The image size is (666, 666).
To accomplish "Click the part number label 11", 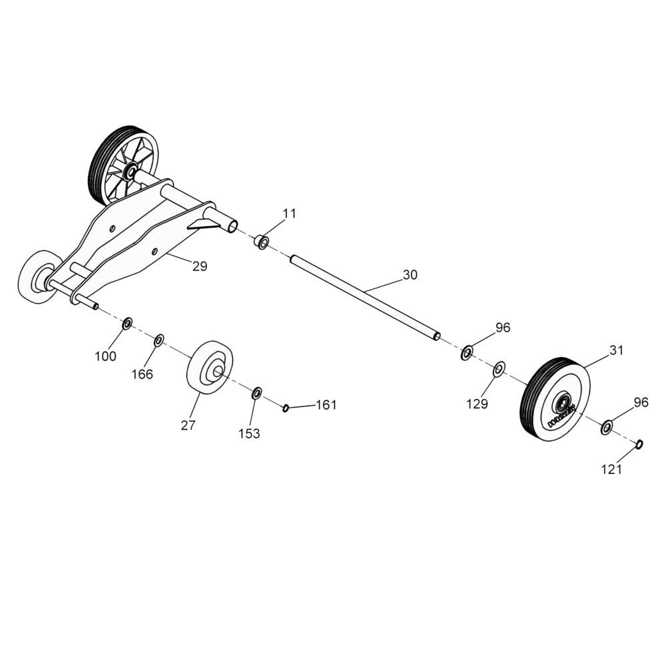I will click(x=288, y=213).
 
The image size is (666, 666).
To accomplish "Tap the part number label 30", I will click(x=410, y=274).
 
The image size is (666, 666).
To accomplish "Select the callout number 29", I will click(x=199, y=266).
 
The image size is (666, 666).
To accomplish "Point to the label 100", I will click(x=105, y=356).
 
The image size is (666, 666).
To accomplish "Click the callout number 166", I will click(x=142, y=374).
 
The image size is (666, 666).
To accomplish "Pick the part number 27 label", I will click(x=188, y=426).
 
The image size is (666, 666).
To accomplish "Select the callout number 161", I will click(x=326, y=404).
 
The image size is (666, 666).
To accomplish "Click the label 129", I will click(x=477, y=404).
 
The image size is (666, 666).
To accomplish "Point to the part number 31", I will click(x=617, y=350).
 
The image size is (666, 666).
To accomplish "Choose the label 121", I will click(x=611, y=469).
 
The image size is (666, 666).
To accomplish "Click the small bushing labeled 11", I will click(x=262, y=240).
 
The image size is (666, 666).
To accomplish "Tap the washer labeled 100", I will click(x=127, y=324).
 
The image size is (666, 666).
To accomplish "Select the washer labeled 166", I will click(x=159, y=341).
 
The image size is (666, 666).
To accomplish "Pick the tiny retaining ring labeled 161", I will click(x=285, y=408).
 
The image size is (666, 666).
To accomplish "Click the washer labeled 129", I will click(x=499, y=368).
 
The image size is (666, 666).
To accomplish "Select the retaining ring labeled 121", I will click(x=639, y=444).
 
